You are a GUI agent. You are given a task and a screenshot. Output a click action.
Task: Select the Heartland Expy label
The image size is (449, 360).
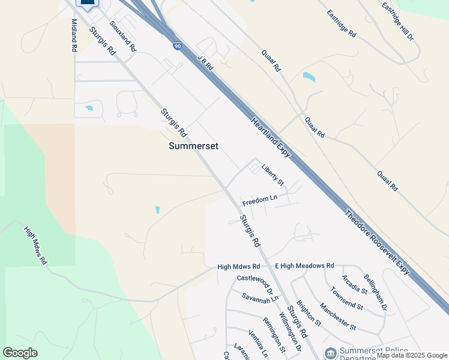pyautogui.click(x=271, y=137)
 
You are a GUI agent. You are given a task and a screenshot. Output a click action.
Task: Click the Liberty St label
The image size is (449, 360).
pyautogui.click(x=272, y=175)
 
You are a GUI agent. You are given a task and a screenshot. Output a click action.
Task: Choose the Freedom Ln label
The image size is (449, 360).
pyautogui.click(x=260, y=199)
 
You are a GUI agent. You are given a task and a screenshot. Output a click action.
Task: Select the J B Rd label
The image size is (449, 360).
pyautogui.click(x=205, y=61)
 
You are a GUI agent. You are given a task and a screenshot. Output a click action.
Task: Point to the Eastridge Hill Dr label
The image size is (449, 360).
pyautogui.click(x=397, y=21)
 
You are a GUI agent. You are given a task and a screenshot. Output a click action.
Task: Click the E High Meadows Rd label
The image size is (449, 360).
pyautogui.click(x=304, y=265)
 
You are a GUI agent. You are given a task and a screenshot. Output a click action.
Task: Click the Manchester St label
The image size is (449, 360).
pyautogui.click(x=338, y=317)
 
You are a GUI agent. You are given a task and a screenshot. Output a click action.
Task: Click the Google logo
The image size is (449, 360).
pyautogui.click(x=20, y=353)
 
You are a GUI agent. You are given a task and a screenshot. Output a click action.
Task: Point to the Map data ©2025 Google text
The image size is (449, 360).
pyautogui.click(x=412, y=355)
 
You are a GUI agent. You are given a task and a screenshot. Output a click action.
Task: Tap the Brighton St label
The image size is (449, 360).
pyautogui.click(x=309, y=314)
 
